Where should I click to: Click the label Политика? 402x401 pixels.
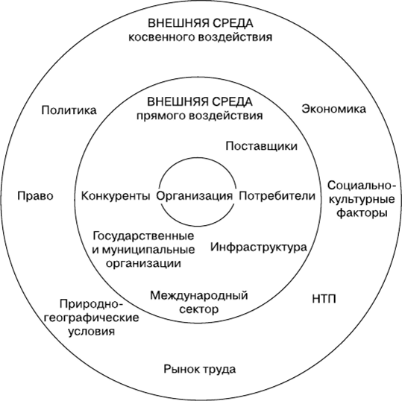[x=69, y=110]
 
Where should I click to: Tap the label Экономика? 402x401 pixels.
[x=333, y=109]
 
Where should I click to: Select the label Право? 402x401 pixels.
[x=35, y=196]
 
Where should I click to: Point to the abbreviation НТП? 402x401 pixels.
[x=324, y=299]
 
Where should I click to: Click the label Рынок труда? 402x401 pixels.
[x=200, y=370]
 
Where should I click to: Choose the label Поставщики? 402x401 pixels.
[x=262, y=146]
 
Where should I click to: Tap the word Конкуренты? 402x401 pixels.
[x=116, y=196]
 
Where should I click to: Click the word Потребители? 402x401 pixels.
[x=277, y=196]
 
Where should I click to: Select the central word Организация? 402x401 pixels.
[x=195, y=196]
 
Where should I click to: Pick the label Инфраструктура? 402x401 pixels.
[x=259, y=247]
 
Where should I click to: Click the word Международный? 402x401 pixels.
[x=199, y=295]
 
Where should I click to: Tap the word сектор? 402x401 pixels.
[x=199, y=309]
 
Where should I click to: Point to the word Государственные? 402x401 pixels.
[x=143, y=236]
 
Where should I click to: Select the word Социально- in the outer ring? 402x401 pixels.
[x=360, y=186]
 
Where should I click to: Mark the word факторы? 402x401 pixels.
[x=362, y=213]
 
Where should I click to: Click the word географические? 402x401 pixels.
[x=92, y=318]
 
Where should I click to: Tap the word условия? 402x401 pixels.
[x=91, y=332]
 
